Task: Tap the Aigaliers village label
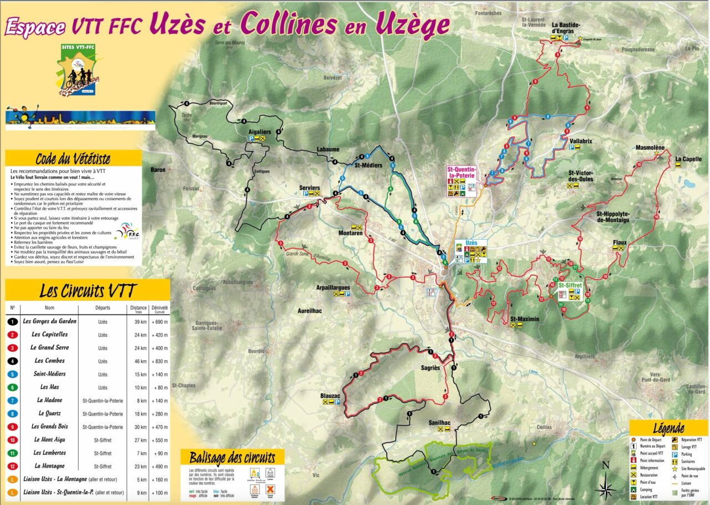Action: point(260,132)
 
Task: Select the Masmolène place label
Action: point(650,148)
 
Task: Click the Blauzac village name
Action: point(330,396)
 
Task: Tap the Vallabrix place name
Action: point(581,141)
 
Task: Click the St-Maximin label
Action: point(524,319)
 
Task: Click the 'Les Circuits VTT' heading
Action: point(87,290)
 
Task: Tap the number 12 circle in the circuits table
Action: point(12,466)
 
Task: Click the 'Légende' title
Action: point(668,428)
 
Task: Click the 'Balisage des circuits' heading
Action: point(232,458)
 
